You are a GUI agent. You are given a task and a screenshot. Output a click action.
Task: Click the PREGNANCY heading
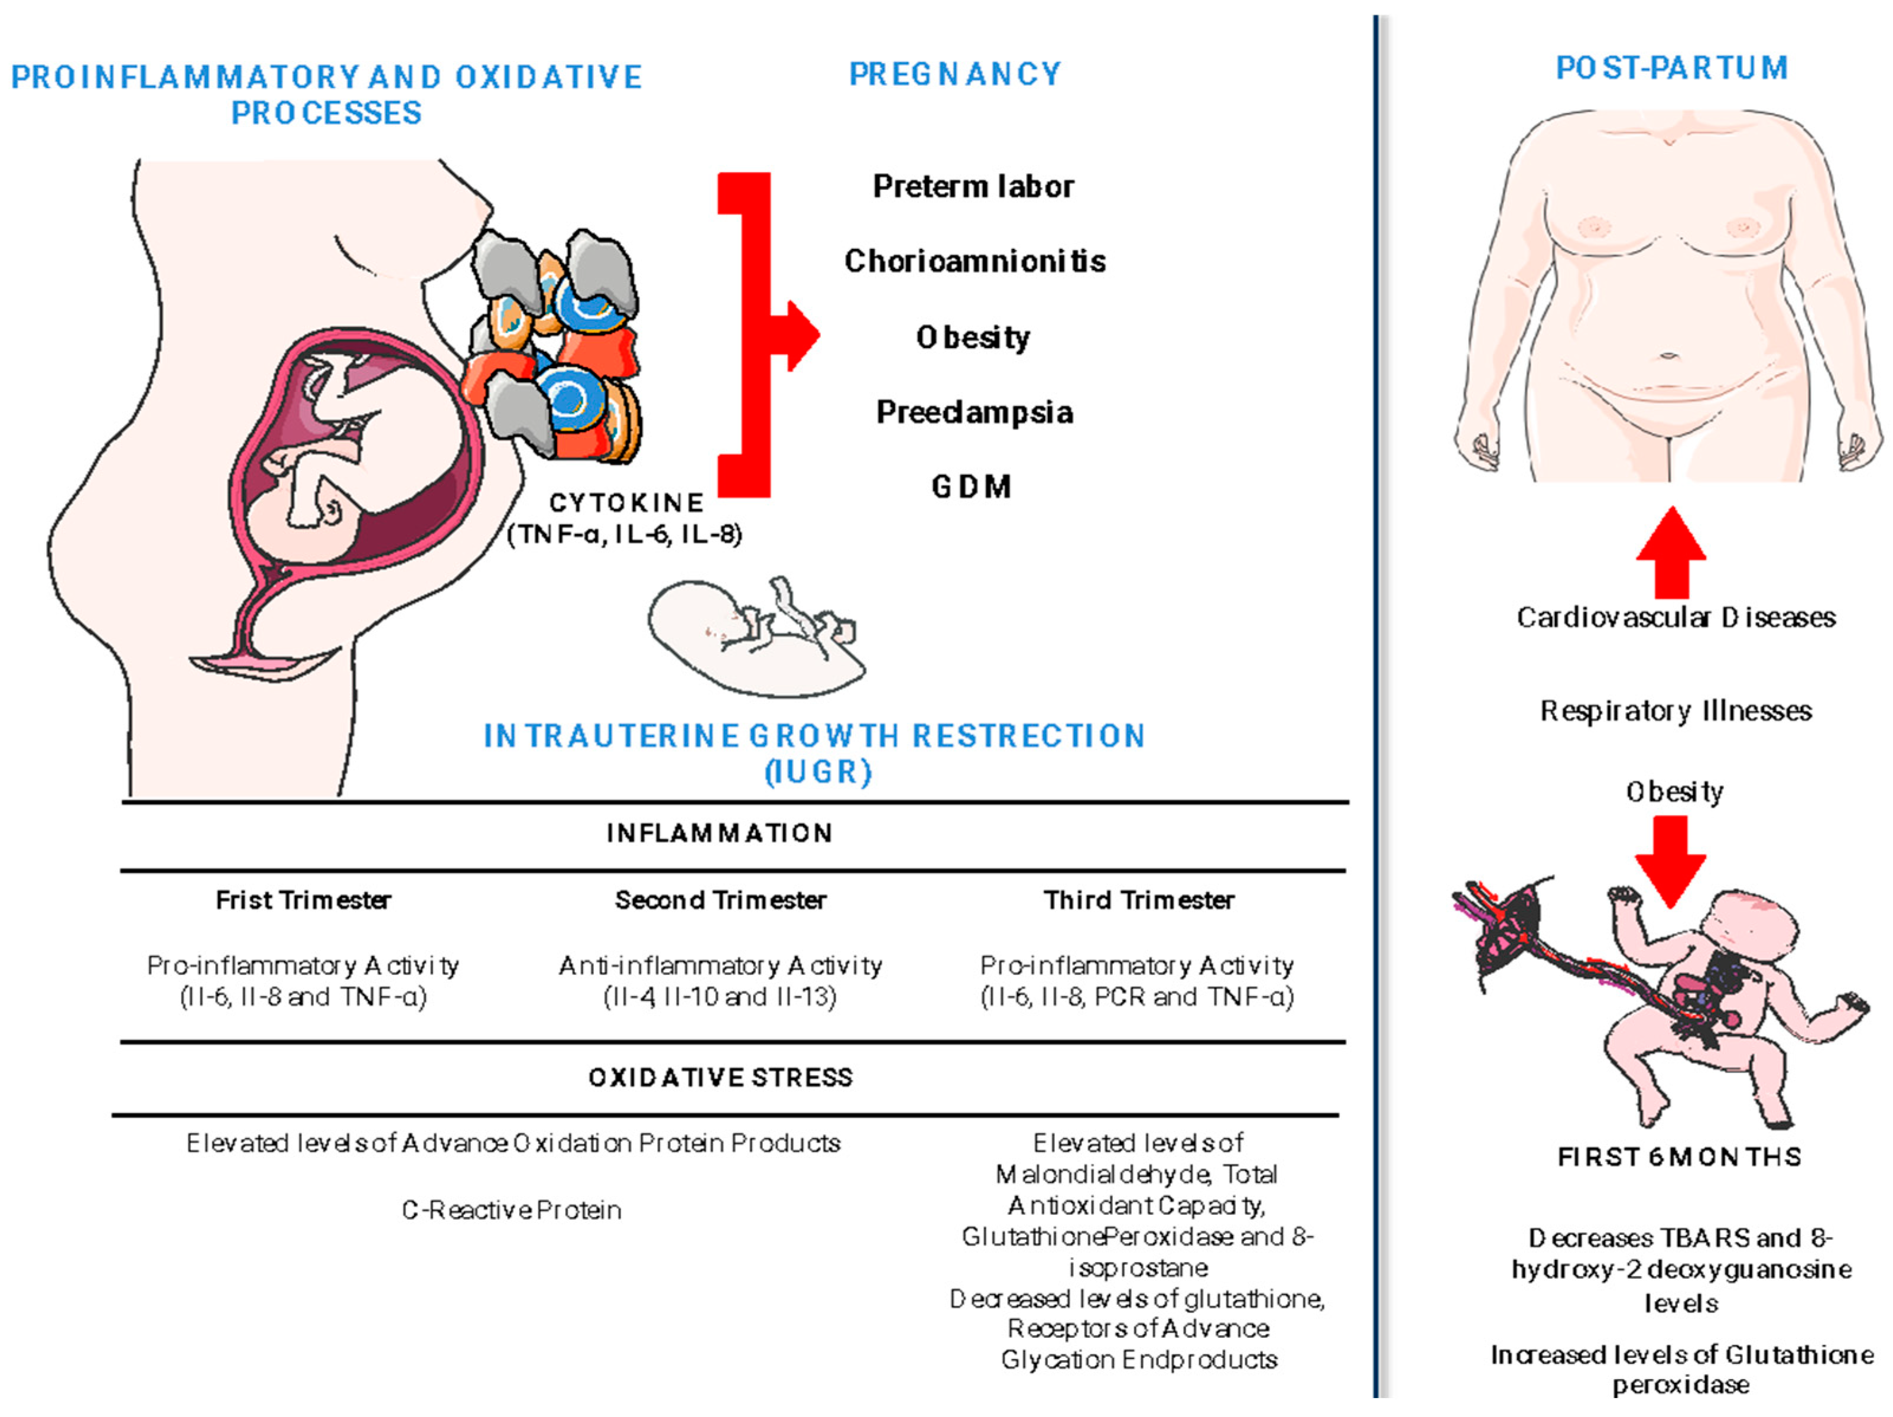coord(954,74)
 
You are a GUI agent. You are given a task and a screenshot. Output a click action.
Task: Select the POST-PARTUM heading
coord(1671,67)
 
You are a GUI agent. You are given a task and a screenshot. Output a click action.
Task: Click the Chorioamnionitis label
coord(975,261)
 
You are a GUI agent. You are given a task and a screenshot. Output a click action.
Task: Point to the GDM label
coord(971,487)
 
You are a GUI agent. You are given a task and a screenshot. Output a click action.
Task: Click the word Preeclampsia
coord(974,412)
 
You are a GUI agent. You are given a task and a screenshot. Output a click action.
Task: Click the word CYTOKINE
coord(626,502)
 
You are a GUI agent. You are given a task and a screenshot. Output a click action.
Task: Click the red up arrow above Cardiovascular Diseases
coord(1671,552)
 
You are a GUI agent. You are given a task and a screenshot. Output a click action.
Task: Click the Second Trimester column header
coord(720,900)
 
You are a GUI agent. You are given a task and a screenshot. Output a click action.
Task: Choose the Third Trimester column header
coord(1138,900)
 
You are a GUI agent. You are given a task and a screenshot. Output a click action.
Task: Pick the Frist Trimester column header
coord(303,900)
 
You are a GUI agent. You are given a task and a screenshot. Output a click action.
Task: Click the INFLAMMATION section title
coord(719,833)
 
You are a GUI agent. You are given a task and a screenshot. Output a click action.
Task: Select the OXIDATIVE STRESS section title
coord(720,1077)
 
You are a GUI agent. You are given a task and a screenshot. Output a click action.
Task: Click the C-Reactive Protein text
coord(512,1210)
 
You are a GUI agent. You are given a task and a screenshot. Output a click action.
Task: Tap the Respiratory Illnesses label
coord(1676,711)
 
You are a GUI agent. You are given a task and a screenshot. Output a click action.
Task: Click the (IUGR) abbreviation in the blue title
coord(818,772)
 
